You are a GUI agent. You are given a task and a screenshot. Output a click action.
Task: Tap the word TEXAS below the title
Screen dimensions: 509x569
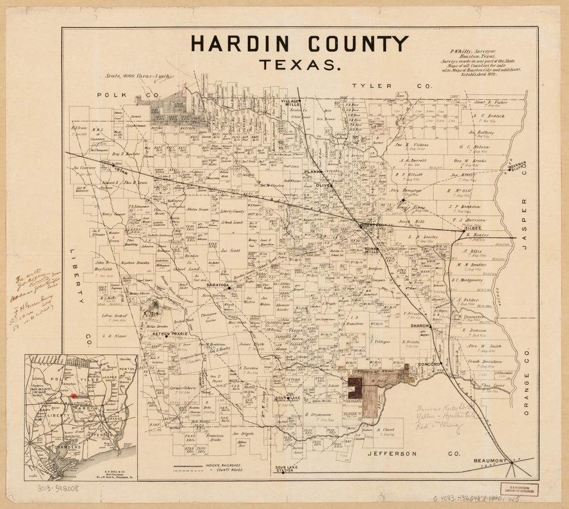tap(300, 65)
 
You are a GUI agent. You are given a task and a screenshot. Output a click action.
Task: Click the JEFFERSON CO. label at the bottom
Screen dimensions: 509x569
tap(414, 454)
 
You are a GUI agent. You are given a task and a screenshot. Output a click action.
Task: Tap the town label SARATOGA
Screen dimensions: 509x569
tap(217, 285)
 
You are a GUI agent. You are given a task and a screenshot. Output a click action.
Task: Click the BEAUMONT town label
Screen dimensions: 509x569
tap(489, 460)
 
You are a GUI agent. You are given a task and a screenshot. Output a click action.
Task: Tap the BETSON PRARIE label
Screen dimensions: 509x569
tap(170, 334)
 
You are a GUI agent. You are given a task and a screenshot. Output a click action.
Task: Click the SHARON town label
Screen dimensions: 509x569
tap(420, 326)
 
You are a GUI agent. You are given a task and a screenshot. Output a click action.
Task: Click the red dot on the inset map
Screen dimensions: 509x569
tap(73, 396)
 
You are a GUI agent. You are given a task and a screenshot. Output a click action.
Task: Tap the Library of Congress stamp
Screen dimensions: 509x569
tap(518, 489)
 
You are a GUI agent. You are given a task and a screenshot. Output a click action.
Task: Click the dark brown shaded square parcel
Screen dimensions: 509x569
tap(355, 388)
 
